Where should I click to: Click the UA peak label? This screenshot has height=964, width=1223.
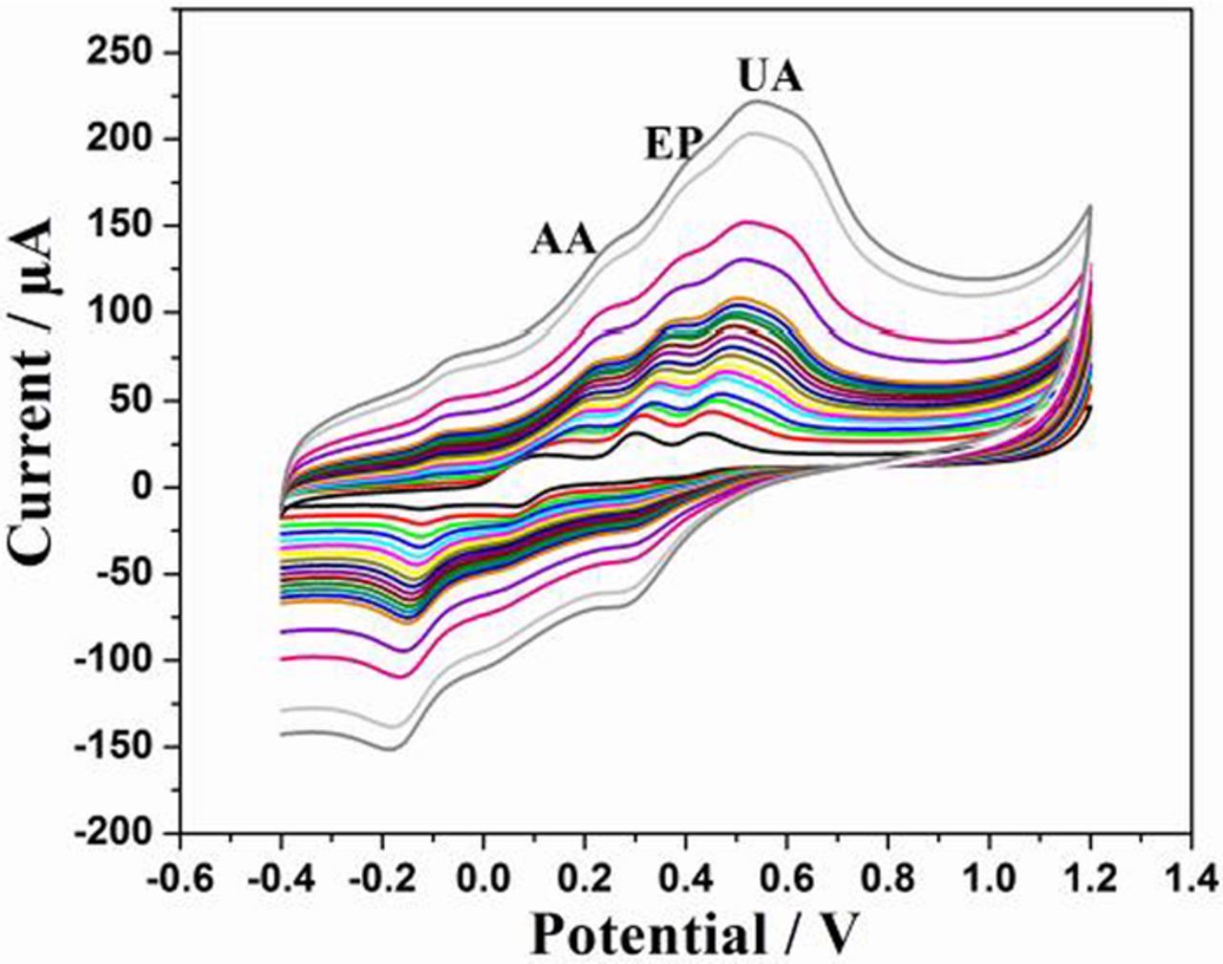(770, 76)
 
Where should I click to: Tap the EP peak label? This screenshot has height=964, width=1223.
(672, 145)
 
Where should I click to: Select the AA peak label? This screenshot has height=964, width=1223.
(564, 239)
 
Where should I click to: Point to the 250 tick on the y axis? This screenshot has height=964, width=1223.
(119, 53)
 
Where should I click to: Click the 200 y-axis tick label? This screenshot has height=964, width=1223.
(119, 139)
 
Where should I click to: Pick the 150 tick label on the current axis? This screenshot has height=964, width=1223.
(119, 226)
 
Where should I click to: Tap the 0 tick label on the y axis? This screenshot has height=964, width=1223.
(142, 487)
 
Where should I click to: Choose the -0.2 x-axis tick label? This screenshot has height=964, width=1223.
(379, 876)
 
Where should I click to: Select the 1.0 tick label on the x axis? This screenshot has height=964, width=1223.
(989, 876)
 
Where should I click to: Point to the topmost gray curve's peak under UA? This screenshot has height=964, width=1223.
(758, 101)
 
